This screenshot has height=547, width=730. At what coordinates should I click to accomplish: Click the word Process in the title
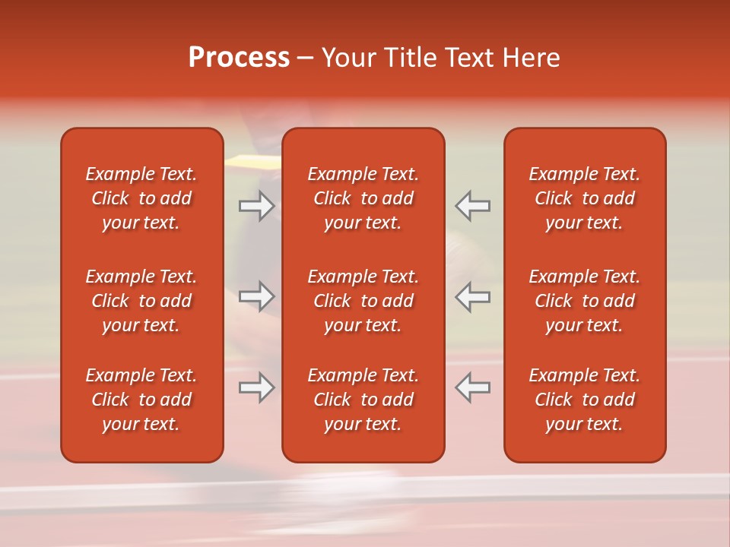click(239, 58)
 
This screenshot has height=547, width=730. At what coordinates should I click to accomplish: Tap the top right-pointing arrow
click(256, 206)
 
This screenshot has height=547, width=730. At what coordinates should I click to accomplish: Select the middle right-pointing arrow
click(256, 296)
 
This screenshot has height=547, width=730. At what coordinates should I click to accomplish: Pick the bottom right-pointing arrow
click(256, 387)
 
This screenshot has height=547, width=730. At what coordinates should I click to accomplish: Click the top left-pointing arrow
click(473, 206)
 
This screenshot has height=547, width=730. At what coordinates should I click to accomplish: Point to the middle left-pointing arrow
click(473, 296)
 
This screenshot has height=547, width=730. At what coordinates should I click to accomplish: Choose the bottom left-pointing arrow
click(473, 387)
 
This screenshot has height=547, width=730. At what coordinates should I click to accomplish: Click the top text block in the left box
click(141, 198)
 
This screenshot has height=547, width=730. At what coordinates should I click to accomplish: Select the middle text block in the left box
click(141, 301)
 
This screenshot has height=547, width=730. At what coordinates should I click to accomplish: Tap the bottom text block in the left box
click(141, 400)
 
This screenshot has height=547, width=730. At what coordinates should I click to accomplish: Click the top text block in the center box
click(363, 198)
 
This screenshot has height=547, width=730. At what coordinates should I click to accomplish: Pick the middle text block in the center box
click(363, 301)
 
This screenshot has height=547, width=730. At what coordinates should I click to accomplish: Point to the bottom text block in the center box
click(363, 400)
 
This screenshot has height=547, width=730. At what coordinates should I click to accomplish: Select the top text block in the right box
click(584, 198)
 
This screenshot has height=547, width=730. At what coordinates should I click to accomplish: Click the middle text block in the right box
click(584, 301)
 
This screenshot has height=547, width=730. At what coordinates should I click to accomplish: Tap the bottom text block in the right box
click(584, 400)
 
